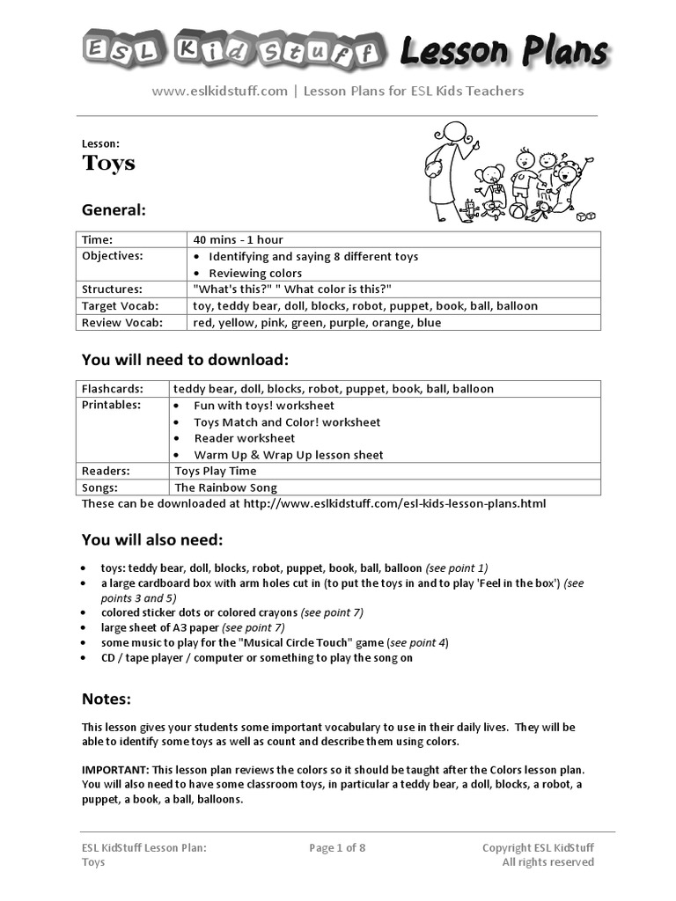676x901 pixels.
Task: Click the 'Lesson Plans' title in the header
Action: pos(503,52)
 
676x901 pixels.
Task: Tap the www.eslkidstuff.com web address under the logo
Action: pos(220,91)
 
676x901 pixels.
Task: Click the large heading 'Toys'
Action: pos(108,163)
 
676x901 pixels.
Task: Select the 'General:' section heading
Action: pos(114,210)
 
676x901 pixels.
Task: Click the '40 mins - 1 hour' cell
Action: pos(238,239)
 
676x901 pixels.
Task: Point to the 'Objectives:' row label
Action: pos(112,256)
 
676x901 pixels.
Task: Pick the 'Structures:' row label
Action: pos(112,289)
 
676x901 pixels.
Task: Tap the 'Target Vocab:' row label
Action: pos(120,306)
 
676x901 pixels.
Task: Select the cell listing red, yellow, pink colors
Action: pos(317,323)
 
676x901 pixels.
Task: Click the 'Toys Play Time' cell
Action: pos(216,472)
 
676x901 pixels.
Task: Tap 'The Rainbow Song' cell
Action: pos(225,487)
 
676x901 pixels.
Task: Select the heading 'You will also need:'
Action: pos(152,539)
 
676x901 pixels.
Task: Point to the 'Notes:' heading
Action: pos(107,700)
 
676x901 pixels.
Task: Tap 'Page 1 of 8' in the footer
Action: pos(337,848)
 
